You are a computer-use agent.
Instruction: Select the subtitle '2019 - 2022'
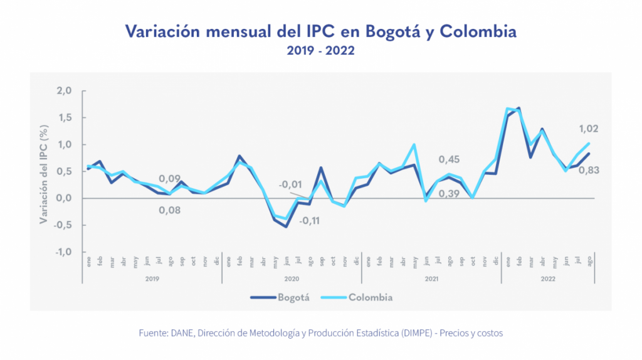pyautogui.click(x=321, y=51)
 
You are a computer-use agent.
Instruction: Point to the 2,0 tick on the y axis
pyautogui.click(x=65, y=91)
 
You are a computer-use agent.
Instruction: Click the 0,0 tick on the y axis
pyautogui.click(x=65, y=198)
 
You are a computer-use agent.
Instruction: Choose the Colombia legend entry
pyautogui.click(x=370, y=297)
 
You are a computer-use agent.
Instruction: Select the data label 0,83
pyautogui.click(x=587, y=169)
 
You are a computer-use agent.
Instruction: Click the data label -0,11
pyautogui.click(x=310, y=221)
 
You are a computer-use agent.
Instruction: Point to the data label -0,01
pyautogui.click(x=290, y=184)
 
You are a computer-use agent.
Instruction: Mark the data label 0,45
pyautogui.click(x=449, y=159)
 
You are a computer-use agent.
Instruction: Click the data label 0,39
pyautogui.click(x=449, y=194)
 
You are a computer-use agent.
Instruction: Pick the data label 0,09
pyautogui.click(x=170, y=178)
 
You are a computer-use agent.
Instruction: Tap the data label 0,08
pyautogui.click(x=169, y=210)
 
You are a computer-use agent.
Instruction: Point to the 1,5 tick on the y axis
pyautogui.click(x=65, y=118)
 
